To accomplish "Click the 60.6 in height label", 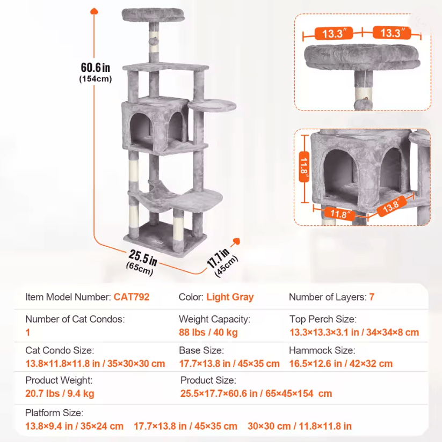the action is pyautogui.click(x=96, y=68).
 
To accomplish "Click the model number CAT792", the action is pyautogui.click(x=131, y=297).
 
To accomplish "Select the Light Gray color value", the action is pyautogui.click(x=230, y=297).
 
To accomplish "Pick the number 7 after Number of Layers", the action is pyautogui.click(x=372, y=297).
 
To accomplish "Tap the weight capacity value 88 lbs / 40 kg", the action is pyautogui.click(x=208, y=333).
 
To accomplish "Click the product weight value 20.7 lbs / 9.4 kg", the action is pyautogui.click(x=60, y=394).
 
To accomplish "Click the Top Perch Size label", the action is pyautogui.click(x=323, y=319).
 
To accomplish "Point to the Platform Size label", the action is pyautogui.click(x=54, y=413).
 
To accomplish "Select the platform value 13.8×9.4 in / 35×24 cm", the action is pyautogui.click(x=74, y=426).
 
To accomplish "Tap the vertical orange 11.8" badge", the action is pyautogui.click(x=304, y=166).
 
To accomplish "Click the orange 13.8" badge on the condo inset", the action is pyautogui.click(x=392, y=207).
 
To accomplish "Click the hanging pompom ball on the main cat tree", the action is pyautogui.click(x=153, y=41).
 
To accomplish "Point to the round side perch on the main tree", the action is pyautogui.click(x=212, y=106).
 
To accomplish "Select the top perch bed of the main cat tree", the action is pyautogui.click(x=153, y=15).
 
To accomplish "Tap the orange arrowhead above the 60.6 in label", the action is pyautogui.click(x=94, y=11).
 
